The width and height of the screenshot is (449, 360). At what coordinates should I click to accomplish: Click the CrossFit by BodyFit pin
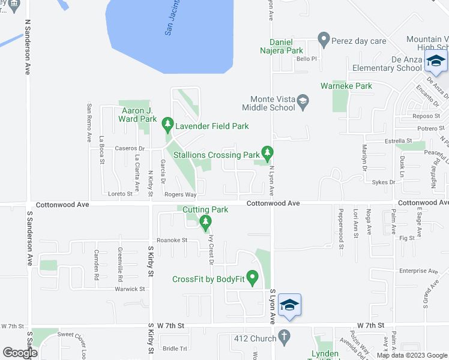coord(252,278)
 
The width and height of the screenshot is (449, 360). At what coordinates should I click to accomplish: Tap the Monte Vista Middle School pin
coord(303,101)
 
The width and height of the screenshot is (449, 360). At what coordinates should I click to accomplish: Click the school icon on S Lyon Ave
coord(289,304)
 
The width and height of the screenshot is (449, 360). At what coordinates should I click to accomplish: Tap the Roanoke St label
coord(172,240)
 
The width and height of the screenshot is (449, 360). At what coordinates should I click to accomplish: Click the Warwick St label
coord(130,289)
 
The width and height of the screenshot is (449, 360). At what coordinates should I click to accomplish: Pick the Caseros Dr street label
coord(130,148)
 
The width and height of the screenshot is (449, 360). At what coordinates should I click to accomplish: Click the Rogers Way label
coord(181,194)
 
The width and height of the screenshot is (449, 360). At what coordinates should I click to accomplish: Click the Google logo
coord(20,353)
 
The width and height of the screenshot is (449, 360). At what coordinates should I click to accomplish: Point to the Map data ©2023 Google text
coord(412,355)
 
